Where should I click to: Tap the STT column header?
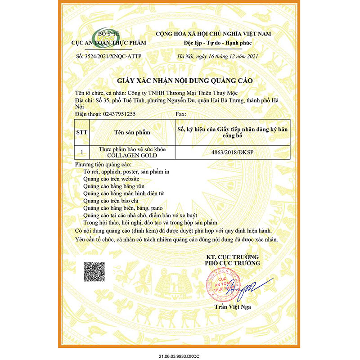pyautogui.click(x=82, y=133)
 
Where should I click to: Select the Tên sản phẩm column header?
pyautogui.click(x=132, y=133)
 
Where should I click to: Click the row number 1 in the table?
pyautogui.click(x=82, y=153)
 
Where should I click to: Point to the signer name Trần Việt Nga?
pyautogui.click(x=232, y=307)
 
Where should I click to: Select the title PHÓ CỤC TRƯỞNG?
pyautogui.click(x=233, y=262)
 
